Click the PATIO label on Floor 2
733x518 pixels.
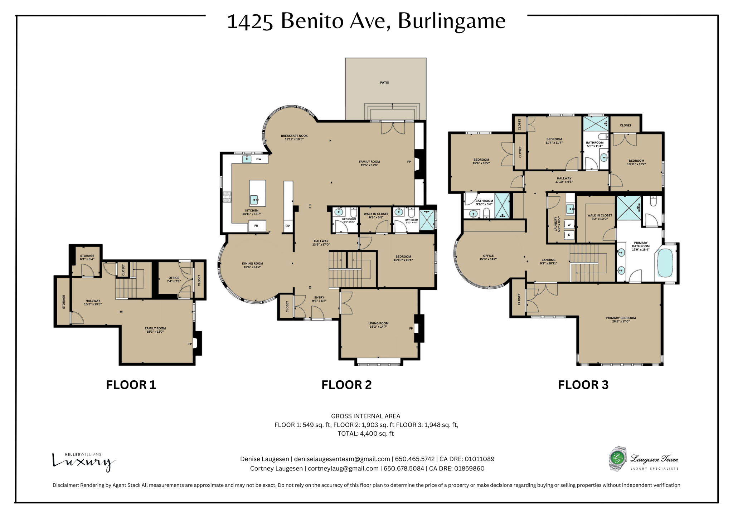384,83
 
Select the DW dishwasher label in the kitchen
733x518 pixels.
258,159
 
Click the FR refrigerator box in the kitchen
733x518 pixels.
257,226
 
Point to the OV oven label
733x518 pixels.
287,226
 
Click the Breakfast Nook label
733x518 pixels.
294,136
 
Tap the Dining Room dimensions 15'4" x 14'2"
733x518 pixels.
252,267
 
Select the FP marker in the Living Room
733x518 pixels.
411,328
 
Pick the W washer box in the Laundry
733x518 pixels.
569,225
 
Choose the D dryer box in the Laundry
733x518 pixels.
569,235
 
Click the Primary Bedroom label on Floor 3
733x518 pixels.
621,318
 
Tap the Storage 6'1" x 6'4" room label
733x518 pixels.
87,258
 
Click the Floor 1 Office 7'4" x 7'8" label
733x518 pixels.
174,279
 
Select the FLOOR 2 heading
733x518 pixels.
346,385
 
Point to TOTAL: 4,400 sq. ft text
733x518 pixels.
365,434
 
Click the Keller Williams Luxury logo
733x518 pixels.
83,462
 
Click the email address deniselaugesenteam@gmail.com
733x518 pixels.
342,459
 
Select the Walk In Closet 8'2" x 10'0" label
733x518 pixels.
599,217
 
